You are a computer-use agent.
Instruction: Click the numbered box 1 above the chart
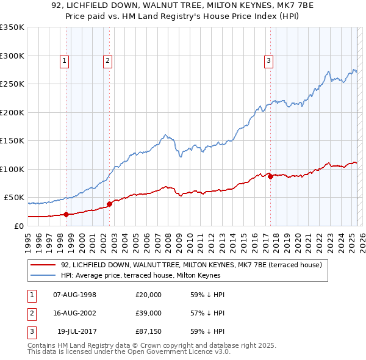coord(64,60)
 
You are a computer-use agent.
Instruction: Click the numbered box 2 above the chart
coord(107,60)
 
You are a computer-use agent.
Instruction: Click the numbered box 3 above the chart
coord(268,60)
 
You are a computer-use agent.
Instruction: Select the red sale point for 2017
coord(270,176)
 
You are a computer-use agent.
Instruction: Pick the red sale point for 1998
coord(66,214)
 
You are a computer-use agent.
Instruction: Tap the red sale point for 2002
coord(109,204)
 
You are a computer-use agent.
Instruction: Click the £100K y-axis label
coord(12,169)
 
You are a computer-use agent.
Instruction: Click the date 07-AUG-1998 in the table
coord(74,294)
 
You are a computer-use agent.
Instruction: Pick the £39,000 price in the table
coord(149,313)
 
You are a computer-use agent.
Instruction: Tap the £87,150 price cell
coord(149,332)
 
